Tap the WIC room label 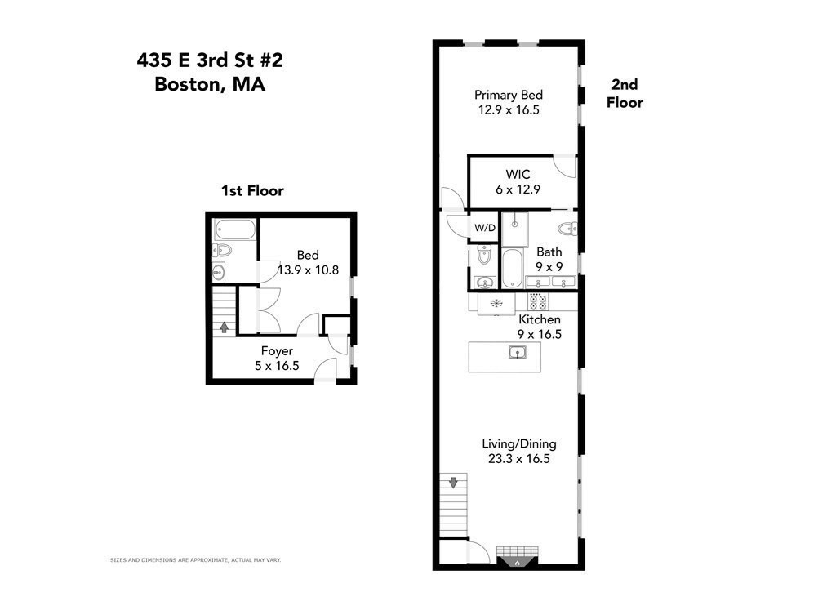518,174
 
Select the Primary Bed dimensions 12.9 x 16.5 509,109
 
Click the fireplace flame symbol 518,562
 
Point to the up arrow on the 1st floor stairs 224,327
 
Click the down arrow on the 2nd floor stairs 453,483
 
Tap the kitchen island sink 516,353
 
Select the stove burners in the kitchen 537,301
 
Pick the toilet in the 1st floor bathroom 223,250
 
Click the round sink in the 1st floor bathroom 219,271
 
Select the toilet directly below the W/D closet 484,256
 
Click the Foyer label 277,351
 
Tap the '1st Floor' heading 252,191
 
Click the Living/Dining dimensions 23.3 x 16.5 518,459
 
